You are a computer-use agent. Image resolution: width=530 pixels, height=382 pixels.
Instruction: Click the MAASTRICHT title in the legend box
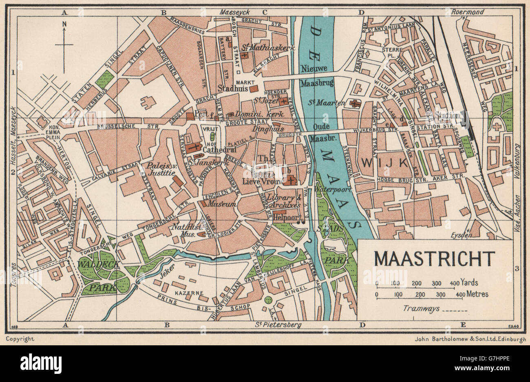tap(434, 258)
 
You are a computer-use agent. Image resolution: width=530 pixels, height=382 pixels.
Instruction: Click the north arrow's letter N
tap(64, 24)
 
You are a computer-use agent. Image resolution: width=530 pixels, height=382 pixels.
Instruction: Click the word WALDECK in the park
tap(97, 264)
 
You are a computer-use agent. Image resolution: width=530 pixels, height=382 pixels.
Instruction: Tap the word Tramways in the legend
tap(421, 309)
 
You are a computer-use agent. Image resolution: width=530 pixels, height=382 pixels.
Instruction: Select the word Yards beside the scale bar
tap(469, 282)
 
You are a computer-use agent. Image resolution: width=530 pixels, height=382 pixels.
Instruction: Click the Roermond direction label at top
tap(468, 12)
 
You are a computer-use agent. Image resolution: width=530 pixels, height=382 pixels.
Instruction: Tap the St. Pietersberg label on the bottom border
tap(269, 325)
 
